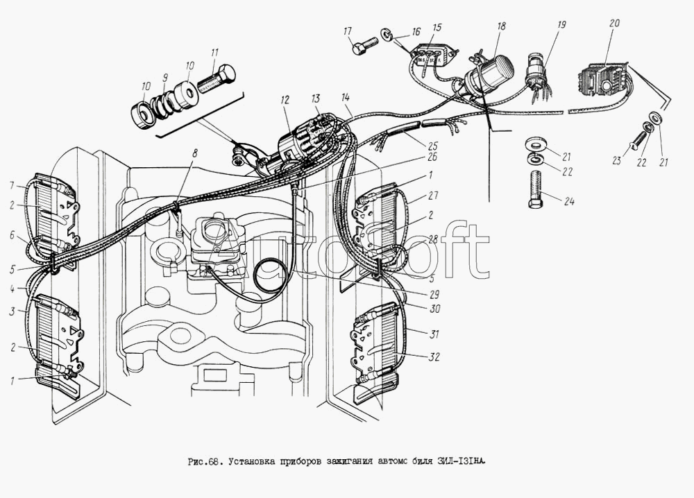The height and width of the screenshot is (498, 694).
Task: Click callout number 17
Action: pyautogui.click(x=347, y=31)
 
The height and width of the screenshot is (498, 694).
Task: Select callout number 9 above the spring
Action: pyautogui.click(x=165, y=77)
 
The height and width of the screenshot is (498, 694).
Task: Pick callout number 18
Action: pyautogui.click(x=500, y=26)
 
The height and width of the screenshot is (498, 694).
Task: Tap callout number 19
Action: pyautogui.click(x=561, y=24)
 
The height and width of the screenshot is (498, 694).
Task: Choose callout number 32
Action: pyautogui.click(x=433, y=357)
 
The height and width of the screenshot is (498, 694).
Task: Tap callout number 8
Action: pyautogui.click(x=195, y=152)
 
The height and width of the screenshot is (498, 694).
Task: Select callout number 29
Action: pyautogui.click(x=433, y=294)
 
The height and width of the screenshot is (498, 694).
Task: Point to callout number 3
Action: pyautogui.click(x=11, y=312)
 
